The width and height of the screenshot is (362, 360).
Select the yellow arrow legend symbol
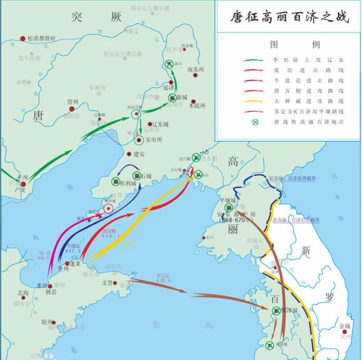(x=255, y=101)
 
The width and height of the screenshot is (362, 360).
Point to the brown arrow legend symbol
(x=255, y=111)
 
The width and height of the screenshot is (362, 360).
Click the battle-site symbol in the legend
(x=255, y=122)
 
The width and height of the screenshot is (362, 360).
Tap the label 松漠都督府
(x=41, y=38)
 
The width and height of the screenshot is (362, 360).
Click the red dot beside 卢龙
(x=22, y=184)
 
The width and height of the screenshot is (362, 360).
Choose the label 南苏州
(x=195, y=70)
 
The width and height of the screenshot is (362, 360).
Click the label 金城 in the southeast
(x=345, y=326)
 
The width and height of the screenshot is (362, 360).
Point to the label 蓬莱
(x=75, y=263)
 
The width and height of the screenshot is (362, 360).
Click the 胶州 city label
(x=47, y=322)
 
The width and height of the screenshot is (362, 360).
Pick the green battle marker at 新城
(x=173, y=97)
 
